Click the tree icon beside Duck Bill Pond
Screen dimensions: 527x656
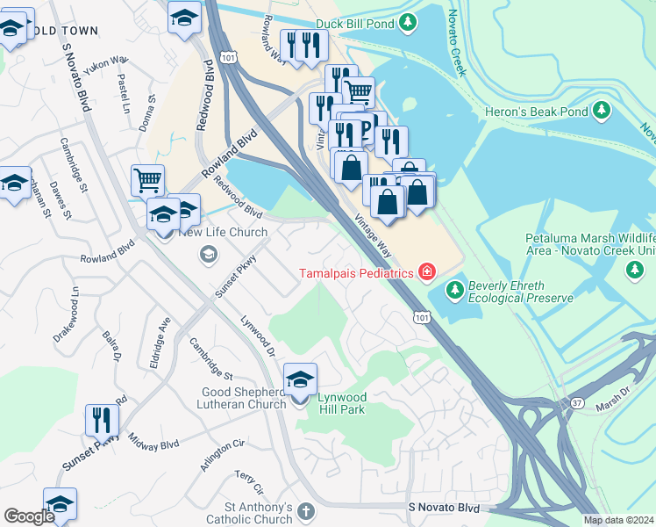click(407, 23)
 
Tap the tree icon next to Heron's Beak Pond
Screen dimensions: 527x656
click(601, 111)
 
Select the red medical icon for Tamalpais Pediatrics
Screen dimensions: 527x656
click(427, 272)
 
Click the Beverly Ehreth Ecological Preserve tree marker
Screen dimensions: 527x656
click(454, 288)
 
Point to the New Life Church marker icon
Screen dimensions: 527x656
click(208, 255)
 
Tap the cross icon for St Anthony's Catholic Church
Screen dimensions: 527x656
click(306, 511)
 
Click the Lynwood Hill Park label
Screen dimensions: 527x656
click(341, 404)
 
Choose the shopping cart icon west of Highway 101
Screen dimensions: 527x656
click(147, 181)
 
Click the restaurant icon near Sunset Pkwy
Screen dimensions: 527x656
click(102, 421)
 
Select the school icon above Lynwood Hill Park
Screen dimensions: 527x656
click(300, 379)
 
